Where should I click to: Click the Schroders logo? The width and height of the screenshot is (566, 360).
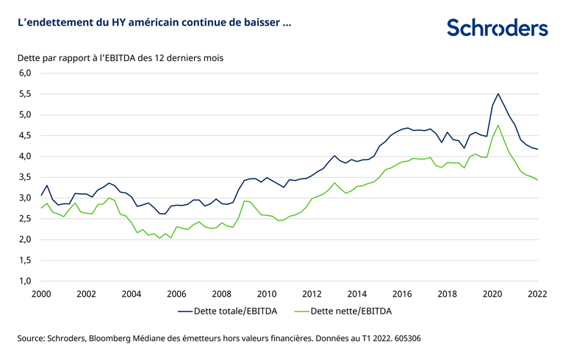(x=497, y=28)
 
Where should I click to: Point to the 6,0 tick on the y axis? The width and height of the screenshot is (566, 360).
(x=26, y=73)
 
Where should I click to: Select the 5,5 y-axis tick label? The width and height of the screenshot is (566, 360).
(x=26, y=94)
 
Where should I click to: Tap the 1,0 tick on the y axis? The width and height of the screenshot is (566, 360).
(x=26, y=281)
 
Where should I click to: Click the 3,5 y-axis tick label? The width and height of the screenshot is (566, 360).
(x=26, y=177)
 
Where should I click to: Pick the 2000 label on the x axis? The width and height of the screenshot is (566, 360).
(x=40, y=293)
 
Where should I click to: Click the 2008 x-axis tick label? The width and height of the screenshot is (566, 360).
(x=222, y=293)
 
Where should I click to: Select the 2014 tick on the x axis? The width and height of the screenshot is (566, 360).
(x=357, y=293)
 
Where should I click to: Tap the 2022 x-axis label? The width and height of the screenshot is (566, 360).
(x=538, y=293)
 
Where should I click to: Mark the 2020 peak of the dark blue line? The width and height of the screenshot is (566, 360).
(x=498, y=93)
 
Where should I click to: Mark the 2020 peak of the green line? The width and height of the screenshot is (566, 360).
(x=498, y=125)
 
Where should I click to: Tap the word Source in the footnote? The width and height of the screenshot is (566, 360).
(x=32, y=339)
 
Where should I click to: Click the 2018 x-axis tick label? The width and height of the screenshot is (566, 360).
(x=448, y=293)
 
